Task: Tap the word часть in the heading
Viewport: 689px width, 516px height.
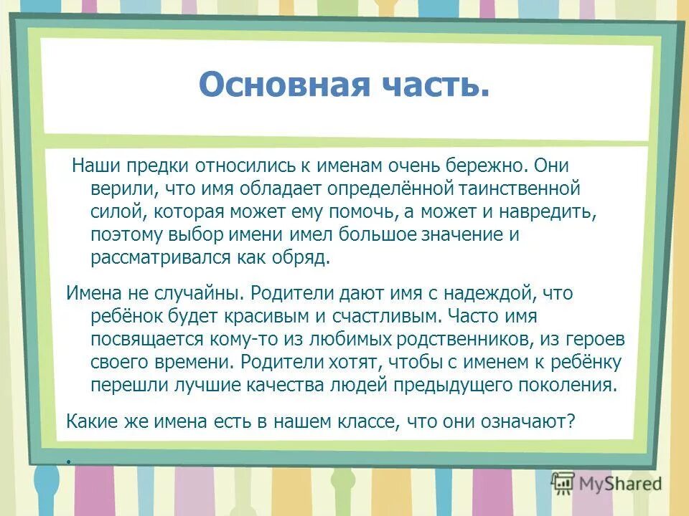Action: click(443, 85)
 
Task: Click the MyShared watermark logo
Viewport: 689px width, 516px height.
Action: click(607, 483)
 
